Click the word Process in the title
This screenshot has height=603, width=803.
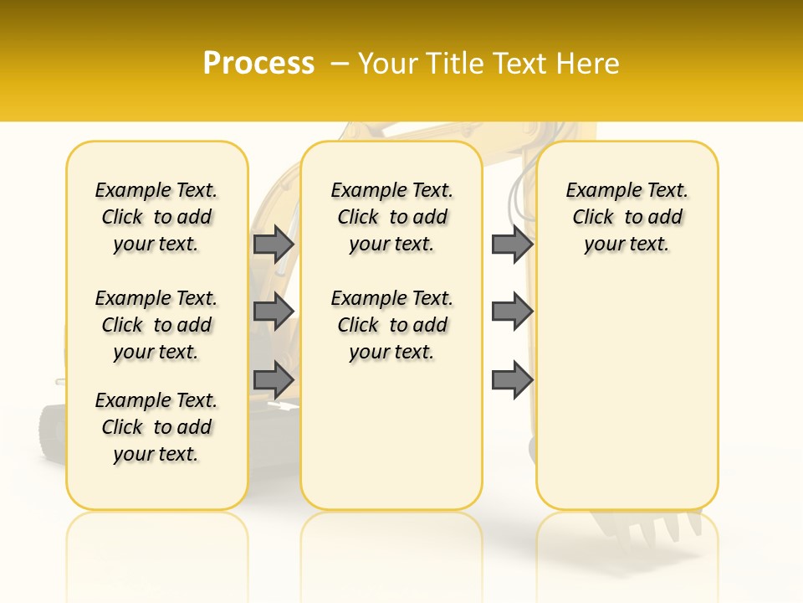258,63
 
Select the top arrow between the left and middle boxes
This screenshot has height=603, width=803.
274,244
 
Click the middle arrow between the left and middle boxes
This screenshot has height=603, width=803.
274,312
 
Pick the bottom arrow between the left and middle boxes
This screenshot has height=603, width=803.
274,380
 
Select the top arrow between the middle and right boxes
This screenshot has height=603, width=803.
512,244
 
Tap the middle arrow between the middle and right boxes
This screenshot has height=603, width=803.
512,312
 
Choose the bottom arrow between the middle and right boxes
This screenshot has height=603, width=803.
512,380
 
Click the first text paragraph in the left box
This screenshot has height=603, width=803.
156,217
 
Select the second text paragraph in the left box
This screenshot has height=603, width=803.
156,325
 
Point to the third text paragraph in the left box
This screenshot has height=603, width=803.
156,427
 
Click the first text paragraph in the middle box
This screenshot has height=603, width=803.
391,217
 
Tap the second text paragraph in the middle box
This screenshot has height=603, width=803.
391,325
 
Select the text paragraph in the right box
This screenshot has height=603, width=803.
627,217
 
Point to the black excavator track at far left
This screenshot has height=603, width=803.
52,431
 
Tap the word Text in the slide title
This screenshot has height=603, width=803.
521,64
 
